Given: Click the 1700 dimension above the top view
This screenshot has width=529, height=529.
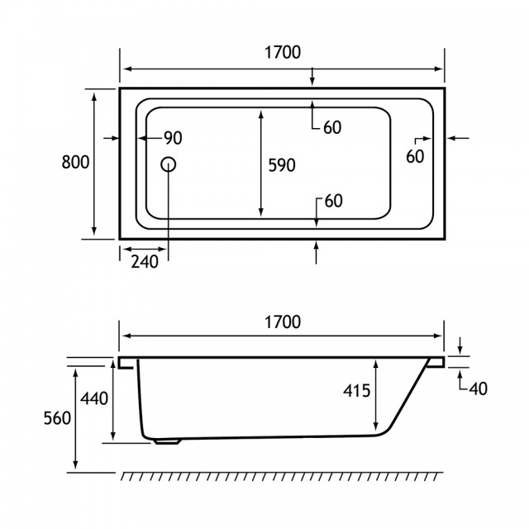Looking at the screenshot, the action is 283,53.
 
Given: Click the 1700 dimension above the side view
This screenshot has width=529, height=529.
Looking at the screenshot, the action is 283,322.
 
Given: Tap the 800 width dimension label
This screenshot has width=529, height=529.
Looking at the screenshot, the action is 75,162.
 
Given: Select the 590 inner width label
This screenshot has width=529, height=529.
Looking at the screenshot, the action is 282,165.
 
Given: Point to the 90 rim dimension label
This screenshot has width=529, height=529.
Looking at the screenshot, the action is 173,138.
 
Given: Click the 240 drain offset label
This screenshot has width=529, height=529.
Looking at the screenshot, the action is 145,262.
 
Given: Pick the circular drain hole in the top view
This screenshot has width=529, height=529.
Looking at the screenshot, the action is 168,164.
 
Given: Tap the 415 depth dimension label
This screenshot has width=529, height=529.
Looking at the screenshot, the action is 356,391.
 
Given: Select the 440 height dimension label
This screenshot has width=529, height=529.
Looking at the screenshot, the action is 93,398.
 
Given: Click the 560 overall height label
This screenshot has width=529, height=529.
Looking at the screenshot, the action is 57,418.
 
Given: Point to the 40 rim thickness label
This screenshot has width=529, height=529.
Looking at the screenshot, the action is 478,388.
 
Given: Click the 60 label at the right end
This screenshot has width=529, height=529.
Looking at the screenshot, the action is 415,156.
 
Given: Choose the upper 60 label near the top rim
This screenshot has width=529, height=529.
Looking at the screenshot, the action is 332,127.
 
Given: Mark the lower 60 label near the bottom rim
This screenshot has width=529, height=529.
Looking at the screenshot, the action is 333,201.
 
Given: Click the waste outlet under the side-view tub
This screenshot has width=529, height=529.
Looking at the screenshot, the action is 168,441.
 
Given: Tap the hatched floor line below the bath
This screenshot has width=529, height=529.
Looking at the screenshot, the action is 282,476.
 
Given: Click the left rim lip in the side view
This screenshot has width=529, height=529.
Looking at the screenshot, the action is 126,363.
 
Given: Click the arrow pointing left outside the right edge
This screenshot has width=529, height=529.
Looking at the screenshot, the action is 458,138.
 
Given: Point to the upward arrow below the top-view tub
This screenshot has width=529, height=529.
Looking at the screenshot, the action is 316,252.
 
